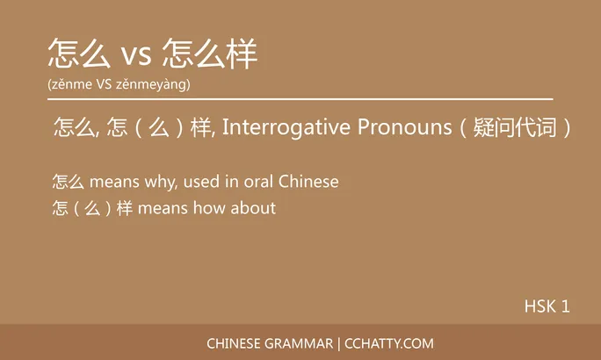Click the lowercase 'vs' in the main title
pos(135,55)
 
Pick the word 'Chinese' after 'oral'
pos(308,183)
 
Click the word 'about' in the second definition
pos(256,208)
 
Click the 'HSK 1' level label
pos(547,306)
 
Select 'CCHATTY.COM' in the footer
pos(388,343)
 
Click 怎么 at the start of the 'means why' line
pos(68,183)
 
